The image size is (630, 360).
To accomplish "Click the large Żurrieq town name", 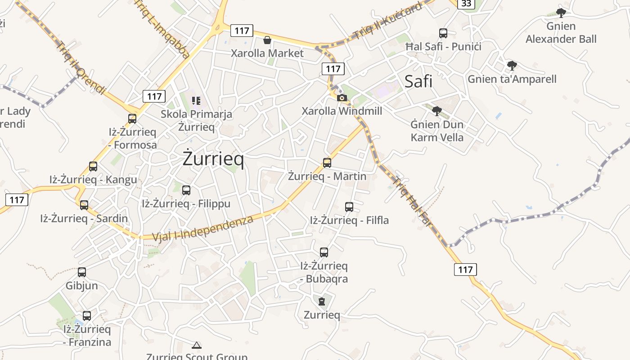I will coord(213,159).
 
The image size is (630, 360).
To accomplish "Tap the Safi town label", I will coord(418,81).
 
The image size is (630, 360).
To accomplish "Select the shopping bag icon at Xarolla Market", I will coord(267,40).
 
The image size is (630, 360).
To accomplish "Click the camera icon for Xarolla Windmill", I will coord(342,98).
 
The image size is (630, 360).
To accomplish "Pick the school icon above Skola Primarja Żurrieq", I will coord(196,100).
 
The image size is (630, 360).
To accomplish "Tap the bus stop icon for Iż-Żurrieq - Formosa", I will coord(132,119).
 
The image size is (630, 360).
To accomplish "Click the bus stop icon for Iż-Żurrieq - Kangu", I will coord(93,166).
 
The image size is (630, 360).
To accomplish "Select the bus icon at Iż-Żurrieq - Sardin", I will coord(84,205).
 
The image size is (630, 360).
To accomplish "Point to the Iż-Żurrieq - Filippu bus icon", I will coord(186,190).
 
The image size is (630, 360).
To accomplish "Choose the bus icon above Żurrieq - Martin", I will coord(327,163).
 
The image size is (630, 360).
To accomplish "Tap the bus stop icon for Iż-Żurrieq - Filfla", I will coord(349,207).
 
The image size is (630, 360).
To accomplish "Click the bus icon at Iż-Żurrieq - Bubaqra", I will coord(324,252).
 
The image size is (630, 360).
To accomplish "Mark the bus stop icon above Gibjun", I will coord(82,272).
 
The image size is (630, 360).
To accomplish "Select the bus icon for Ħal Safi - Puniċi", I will coord(443,33).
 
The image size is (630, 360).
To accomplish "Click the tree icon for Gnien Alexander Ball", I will coord(561,13).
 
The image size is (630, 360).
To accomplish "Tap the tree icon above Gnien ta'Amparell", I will coord(512,66).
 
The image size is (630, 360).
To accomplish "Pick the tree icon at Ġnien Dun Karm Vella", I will coord(436,111).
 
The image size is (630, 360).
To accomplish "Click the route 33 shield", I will coord(466,4).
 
